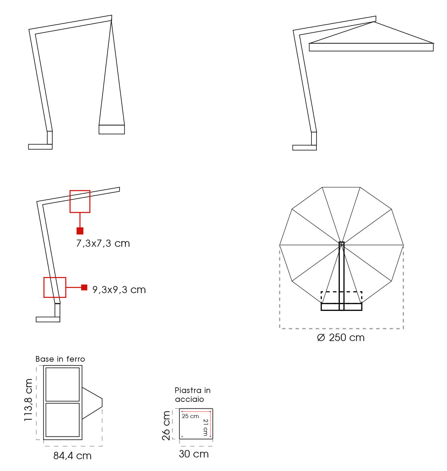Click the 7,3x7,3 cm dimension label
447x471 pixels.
[x=103, y=243]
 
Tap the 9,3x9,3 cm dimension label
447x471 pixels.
[x=119, y=290]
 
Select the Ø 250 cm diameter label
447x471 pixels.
[x=341, y=337]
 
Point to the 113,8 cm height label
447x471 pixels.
[x=29, y=400]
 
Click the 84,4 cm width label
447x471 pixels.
[x=72, y=456]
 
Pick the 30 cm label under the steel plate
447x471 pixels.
[x=194, y=454]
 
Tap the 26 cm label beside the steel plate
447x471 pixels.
[x=167, y=425]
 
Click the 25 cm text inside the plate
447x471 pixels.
[x=190, y=416]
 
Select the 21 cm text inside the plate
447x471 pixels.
[x=205, y=427]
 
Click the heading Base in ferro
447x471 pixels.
[x=60, y=359]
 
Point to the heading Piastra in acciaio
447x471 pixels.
[x=192, y=395]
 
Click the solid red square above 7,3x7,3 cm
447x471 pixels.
[x=80, y=231]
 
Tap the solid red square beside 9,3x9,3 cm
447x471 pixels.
[x=84, y=287]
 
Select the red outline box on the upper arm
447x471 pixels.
[x=80, y=202]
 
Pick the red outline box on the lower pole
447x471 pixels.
[x=55, y=287]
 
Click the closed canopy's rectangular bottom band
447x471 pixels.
[x=112, y=129]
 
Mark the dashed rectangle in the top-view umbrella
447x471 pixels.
[x=341, y=298]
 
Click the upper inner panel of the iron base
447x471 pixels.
[x=63, y=384]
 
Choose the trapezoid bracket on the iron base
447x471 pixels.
[x=92, y=403]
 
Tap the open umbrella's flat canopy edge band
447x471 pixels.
[x=371, y=47]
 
